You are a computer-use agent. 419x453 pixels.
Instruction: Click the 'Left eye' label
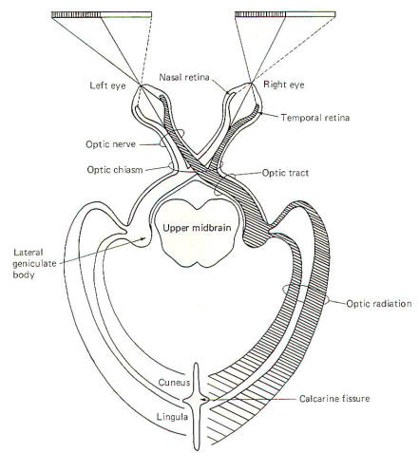107,85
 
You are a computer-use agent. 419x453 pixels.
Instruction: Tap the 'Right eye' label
284,85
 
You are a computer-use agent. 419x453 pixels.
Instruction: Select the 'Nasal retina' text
184,77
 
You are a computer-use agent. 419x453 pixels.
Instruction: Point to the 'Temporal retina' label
315,118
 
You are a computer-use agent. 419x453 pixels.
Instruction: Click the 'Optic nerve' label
111,144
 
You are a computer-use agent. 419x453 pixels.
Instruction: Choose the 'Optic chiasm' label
115,170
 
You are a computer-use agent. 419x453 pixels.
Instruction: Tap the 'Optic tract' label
285,173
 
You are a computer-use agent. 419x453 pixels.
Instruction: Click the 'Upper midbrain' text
197,228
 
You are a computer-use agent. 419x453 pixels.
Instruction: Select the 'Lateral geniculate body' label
34,263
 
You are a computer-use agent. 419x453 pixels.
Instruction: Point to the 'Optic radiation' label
379,304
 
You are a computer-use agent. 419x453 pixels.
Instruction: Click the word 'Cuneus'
174,383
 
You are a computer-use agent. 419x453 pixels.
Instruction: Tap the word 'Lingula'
172,417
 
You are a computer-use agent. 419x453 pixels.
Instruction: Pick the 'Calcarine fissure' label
334,398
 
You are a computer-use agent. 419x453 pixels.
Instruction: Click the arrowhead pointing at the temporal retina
260,113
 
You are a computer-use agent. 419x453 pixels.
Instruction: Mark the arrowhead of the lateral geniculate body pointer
143,238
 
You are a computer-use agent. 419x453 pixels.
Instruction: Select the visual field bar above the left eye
102,14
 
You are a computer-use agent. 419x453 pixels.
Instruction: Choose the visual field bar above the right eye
285,14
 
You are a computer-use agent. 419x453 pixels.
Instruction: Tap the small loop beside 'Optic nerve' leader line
162,142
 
